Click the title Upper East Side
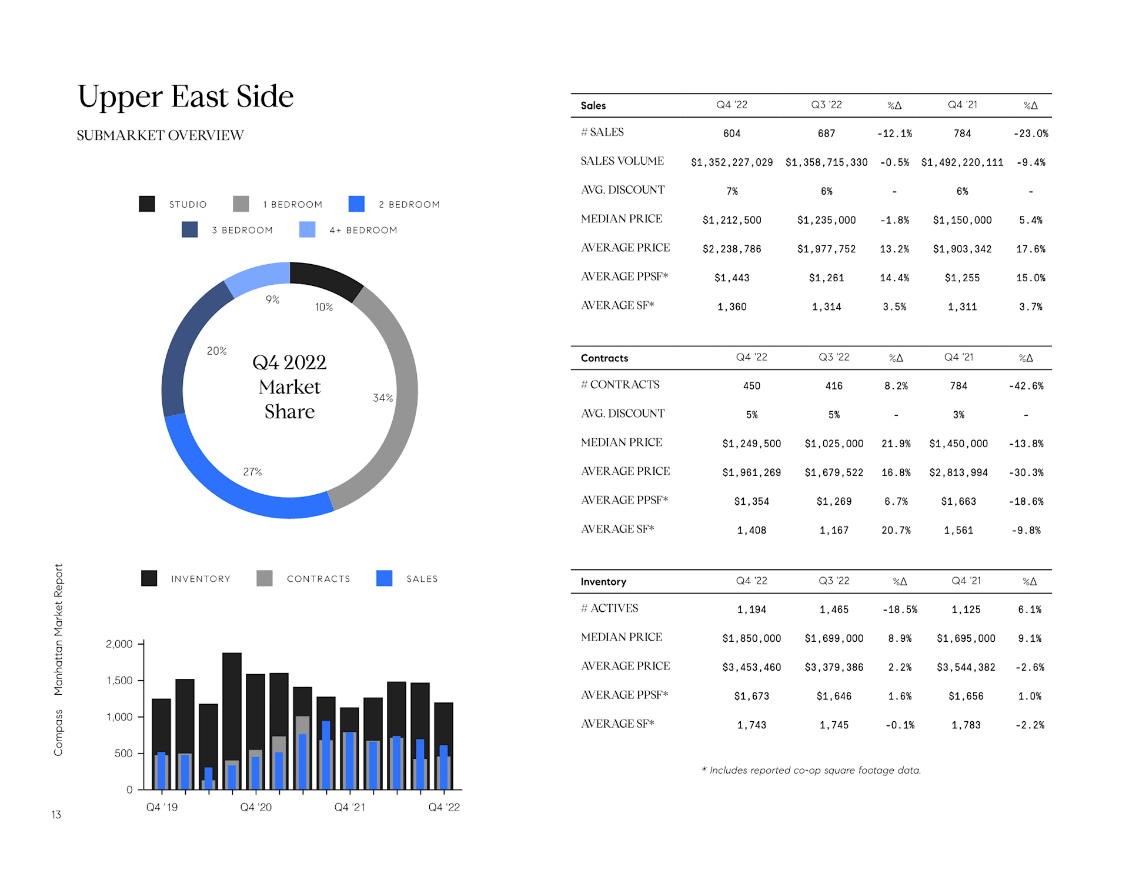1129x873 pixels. coord(185,96)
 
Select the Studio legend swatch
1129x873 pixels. coord(147,204)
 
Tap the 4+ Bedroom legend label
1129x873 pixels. coord(363,230)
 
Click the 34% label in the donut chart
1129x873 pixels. coord(383,398)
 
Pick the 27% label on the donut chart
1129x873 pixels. coord(252,472)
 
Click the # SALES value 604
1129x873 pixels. coord(731,134)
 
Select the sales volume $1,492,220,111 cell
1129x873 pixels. coord(962,162)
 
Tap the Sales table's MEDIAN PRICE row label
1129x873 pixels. coord(622,219)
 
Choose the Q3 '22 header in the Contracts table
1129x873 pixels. coord(834,357)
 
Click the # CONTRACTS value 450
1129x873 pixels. coord(751,386)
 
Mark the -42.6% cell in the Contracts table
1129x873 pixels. coord(1026,386)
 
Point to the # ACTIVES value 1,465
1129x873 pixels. coord(834,609)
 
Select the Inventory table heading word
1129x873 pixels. coord(603,582)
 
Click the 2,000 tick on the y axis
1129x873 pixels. coord(119,644)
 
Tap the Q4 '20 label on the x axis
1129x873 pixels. coord(256,807)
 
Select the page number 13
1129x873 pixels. coord(56,815)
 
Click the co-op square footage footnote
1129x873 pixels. coord(811,770)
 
